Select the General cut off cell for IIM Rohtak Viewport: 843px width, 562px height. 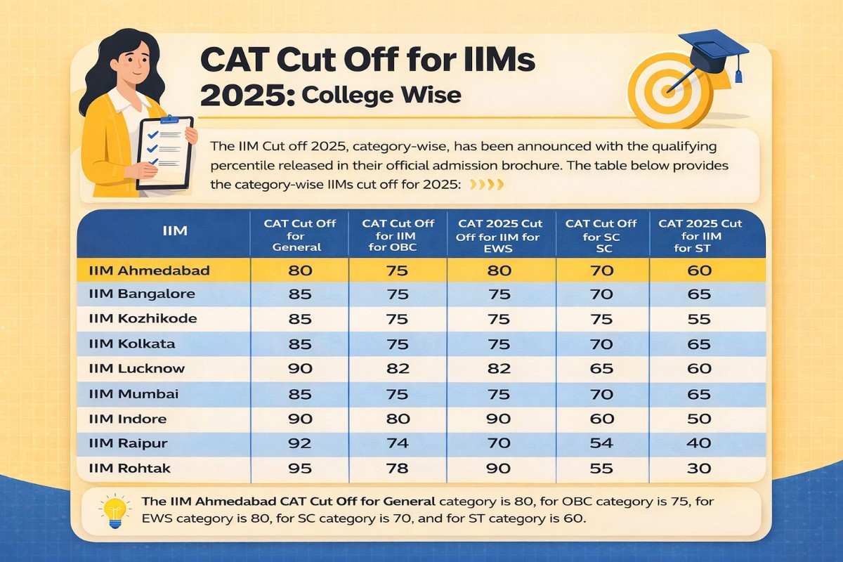[300, 468]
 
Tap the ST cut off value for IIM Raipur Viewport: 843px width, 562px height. [700, 443]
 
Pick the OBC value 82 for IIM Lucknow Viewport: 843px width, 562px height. [397, 369]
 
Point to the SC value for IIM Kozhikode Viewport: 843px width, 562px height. [602, 319]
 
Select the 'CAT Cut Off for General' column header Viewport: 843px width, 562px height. [300, 235]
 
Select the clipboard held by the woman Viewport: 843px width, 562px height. [164, 150]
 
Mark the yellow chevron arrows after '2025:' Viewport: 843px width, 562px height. [486, 185]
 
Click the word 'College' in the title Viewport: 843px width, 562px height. [340, 95]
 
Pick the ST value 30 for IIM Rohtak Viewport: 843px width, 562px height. [700, 468]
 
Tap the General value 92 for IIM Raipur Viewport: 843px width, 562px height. [300, 443]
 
